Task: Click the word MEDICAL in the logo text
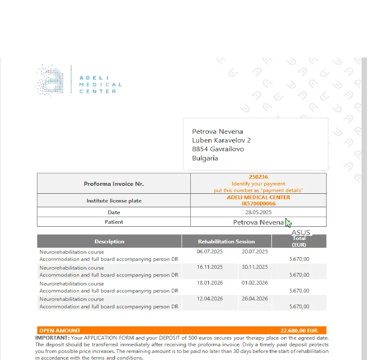pyautogui.click(x=100, y=85)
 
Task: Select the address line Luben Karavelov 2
pyautogui.click(x=221, y=140)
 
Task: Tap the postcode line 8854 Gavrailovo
pyautogui.click(x=218, y=149)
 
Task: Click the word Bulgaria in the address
pyautogui.click(x=205, y=158)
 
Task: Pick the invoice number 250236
pyautogui.click(x=258, y=177)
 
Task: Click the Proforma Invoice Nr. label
pyautogui.click(x=114, y=184)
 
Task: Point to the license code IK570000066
pyautogui.click(x=258, y=204)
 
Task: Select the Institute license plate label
pyautogui.click(x=114, y=201)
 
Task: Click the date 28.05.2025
pyautogui.click(x=258, y=212)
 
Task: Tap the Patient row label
pyautogui.click(x=114, y=222)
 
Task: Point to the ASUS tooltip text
pyautogui.click(x=301, y=232)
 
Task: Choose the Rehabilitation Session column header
pyautogui.click(x=226, y=242)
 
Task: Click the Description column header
pyautogui.click(x=109, y=242)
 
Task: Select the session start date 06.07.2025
pyautogui.click(x=209, y=252)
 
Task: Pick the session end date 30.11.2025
pyautogui.click(x=255, y=267)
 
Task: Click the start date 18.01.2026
pyautogui.click(x=209, y=283)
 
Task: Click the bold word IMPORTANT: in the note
pyautogui.click(x=52, y=338)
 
